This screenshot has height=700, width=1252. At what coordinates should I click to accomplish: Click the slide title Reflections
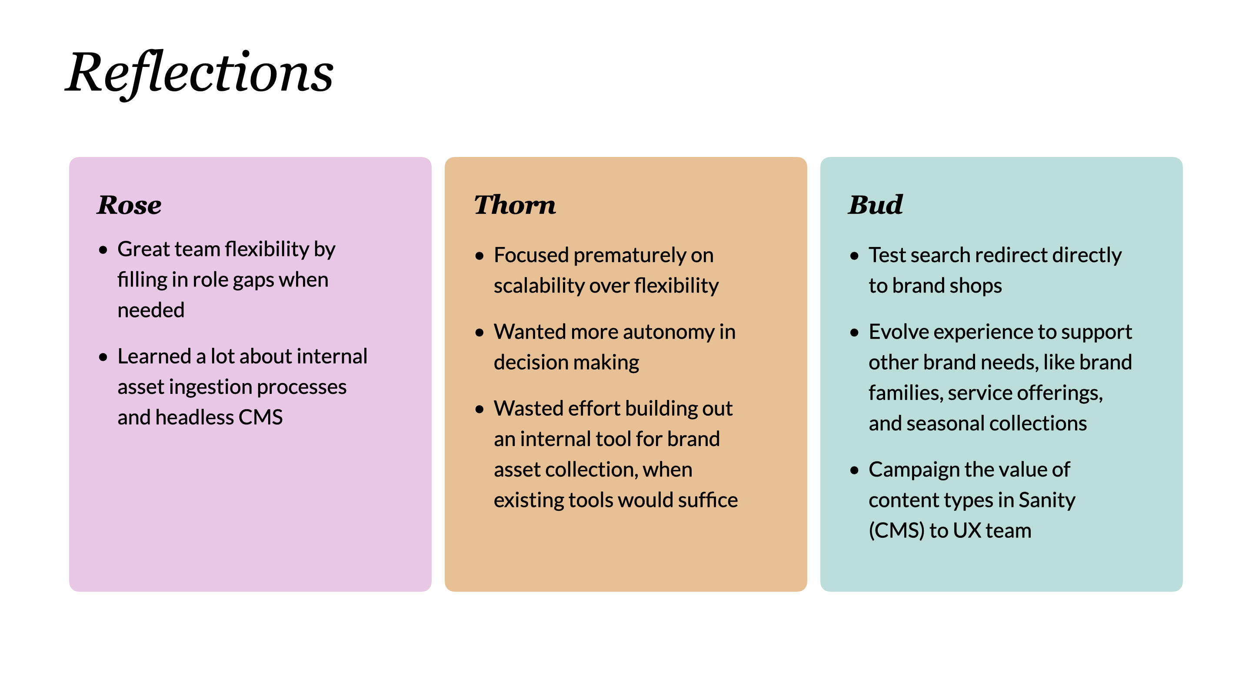tap(199, 73)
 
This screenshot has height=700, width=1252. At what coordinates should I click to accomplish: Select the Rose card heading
tap(129, 205)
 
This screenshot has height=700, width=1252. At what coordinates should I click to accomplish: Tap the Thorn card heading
tap(515, 205)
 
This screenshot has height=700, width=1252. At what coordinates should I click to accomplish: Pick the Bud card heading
tap(876, 205)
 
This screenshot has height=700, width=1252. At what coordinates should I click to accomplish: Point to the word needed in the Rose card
tap(151, 310)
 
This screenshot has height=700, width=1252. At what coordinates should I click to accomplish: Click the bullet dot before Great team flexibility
tap(103, 250)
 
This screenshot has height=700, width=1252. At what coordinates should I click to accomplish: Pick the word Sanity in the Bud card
tap(1046, 500)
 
